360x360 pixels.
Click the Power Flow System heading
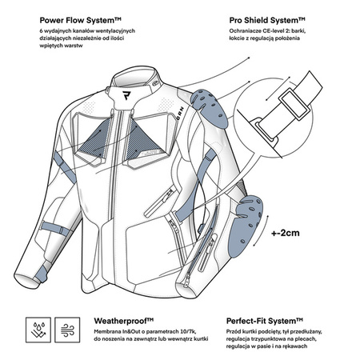(81, 20)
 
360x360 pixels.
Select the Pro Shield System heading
(267, 20)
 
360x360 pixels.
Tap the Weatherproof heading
(124, 321)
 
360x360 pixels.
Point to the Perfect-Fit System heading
(265, 321)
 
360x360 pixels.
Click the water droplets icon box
(38, 330)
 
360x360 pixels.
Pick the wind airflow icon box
(67, 330)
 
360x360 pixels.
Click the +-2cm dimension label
(286, 233)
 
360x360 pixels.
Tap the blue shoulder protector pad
(210, 109)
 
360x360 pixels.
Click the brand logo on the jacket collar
(126, 95)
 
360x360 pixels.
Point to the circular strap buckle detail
(274, 118)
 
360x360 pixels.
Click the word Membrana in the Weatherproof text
(105, 331)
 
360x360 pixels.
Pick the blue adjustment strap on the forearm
(55, 228)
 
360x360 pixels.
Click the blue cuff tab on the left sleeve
(42, 273)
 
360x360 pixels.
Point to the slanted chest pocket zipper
(160, 202)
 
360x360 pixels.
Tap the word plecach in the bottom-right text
(307, 339)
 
